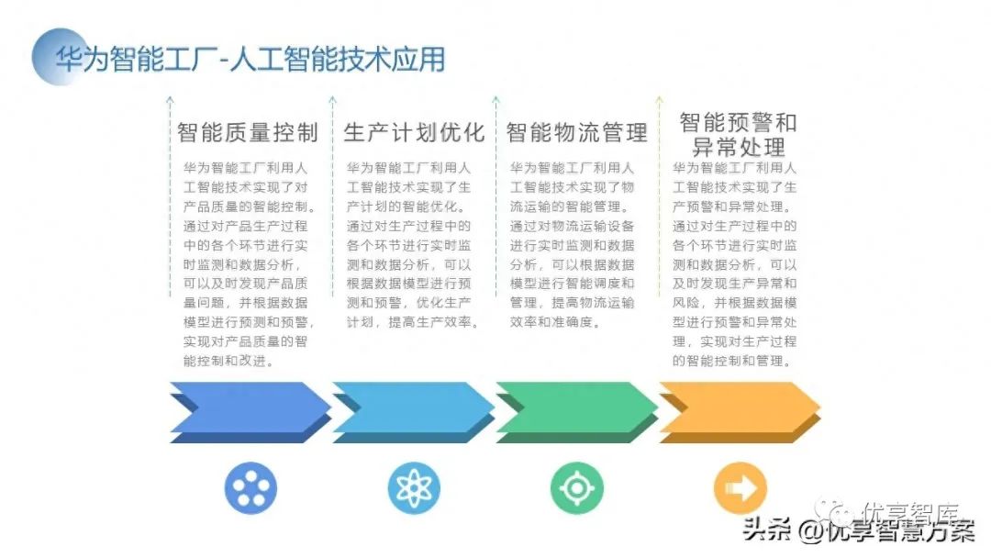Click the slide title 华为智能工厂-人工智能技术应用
tap(250, 60)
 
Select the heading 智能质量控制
tap(248, 132)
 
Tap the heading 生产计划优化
tap(414, 132)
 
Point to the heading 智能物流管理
tap(577, 132)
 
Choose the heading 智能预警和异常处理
tap(739, 134)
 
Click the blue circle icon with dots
tap(251, 487)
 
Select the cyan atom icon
tap(414, 487)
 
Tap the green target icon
tap(577, 487)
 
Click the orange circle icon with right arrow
tap(740, 487)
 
